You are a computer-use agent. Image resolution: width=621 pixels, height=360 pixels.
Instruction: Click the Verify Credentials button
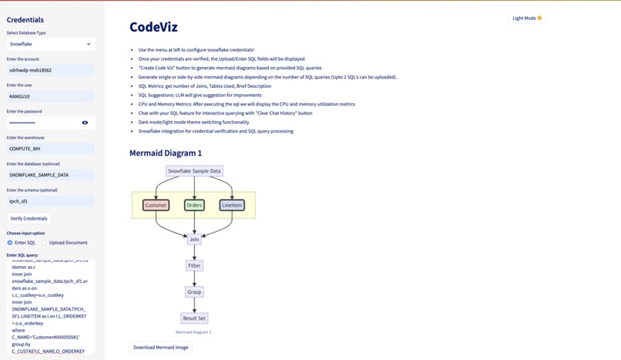(29, 218)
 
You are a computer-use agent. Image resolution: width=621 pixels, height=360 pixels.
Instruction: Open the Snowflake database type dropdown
(50, 44)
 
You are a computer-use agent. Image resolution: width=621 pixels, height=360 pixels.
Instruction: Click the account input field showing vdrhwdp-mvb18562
(50, 70)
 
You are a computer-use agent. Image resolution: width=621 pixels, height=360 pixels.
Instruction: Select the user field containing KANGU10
(50, 96)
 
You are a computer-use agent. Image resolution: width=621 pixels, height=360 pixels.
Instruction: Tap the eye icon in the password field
(85, 123)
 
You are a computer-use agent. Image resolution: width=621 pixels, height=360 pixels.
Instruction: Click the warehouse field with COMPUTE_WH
(50, 149)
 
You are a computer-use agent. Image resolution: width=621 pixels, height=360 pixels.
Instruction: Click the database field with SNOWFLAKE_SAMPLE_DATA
(50, 175)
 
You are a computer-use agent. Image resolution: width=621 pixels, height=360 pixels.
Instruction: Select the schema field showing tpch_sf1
(50, 201)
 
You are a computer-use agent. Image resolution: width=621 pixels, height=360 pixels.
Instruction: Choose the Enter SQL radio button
(10, 243)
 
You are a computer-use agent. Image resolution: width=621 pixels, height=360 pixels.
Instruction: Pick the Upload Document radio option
(45, 243)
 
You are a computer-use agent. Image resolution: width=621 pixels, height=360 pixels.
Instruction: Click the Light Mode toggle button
(527, 18)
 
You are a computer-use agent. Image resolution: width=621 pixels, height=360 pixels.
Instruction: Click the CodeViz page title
(153, 27)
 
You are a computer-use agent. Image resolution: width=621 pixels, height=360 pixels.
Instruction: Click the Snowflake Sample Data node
(194, 171)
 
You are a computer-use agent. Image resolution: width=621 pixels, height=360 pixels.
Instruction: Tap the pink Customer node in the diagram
(156, 205)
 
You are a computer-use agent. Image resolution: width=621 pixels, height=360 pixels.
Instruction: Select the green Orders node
(194, 205)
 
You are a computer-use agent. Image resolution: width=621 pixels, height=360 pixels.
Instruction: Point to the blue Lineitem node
(232, 205)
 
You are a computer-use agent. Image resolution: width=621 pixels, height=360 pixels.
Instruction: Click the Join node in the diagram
(194, 240)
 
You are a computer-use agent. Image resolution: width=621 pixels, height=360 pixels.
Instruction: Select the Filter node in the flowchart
(194, 266)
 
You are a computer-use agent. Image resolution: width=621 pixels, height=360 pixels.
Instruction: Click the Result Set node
(194, 318)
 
